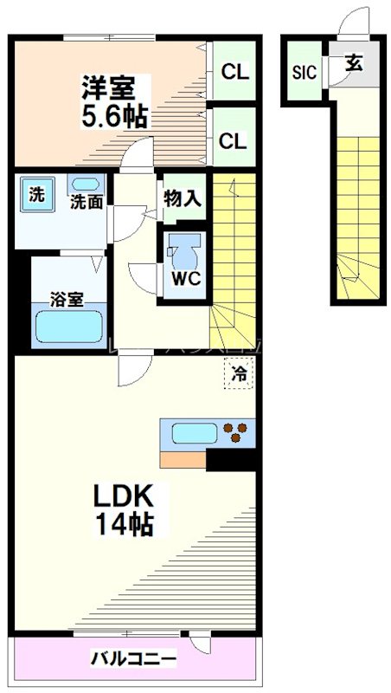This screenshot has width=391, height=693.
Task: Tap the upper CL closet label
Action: tap(234, 72)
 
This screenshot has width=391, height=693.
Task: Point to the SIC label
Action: tap(304, 72)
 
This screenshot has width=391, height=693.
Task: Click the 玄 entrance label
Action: tap(355, 63)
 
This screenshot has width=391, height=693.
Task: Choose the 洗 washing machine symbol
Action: tap(35, 195)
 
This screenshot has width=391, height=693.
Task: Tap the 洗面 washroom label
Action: tap(87, 203)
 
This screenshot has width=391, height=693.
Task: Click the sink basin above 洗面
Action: tap(85, 184)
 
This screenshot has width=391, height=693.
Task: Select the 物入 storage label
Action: tap(183, 198)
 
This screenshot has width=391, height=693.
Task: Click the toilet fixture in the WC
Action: tap(182, 252)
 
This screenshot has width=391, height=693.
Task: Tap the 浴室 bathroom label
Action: tap(67, 300)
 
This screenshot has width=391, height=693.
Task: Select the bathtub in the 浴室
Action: tap(68, 328)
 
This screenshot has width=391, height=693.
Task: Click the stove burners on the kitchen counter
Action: tap(235, 433)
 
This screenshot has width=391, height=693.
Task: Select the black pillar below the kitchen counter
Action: tap(231, 459)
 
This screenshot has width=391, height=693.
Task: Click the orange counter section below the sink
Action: tap(183, 459)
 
